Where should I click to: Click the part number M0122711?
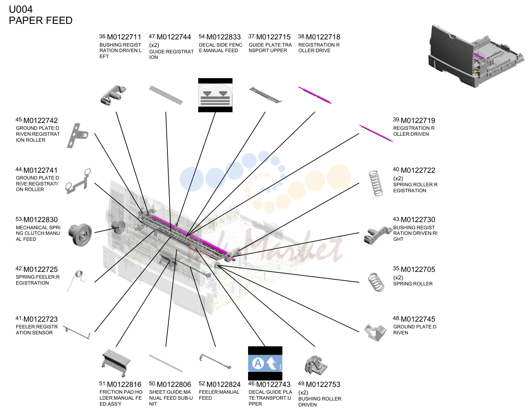click(x=124, y=37)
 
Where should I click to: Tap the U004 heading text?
click(x=21, y=9)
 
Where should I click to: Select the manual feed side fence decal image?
click(x=215, y=95)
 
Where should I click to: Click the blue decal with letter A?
click(x=265, y=363)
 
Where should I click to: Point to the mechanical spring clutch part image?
click(x=80, y=234)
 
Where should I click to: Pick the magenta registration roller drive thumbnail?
click(x=315, y=95)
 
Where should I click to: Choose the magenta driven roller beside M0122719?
click(x=376, y=133)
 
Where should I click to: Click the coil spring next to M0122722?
click(x=376, y=183)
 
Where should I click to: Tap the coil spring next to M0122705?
click(x=376, y=282)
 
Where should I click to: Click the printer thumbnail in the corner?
click(x=476, y=56)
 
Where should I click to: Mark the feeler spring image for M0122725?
click(x=77, y=281)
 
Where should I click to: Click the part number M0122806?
click(x=173, y=385)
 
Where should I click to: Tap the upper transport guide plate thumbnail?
click(x=265, y=95)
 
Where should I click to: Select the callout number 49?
click(x=301, y=383)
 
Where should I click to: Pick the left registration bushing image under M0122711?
click(x=113, y=95)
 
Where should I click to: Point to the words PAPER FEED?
click(x=41, y=21)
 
